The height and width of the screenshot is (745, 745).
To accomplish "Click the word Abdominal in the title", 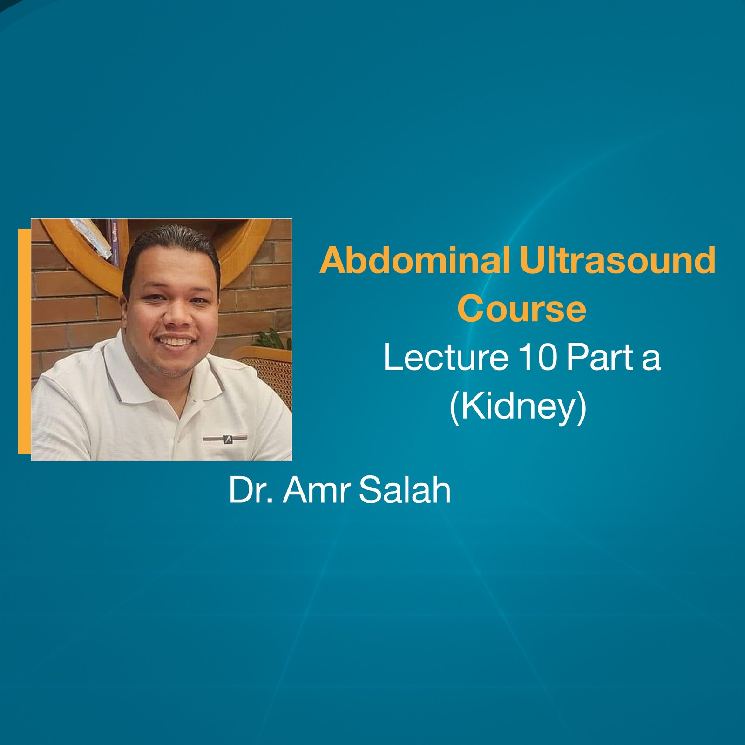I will (x=415, y=261).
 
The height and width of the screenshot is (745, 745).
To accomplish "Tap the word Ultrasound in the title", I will (x=617, y=261).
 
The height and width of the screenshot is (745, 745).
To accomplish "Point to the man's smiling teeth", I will (x=176, y=342).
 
